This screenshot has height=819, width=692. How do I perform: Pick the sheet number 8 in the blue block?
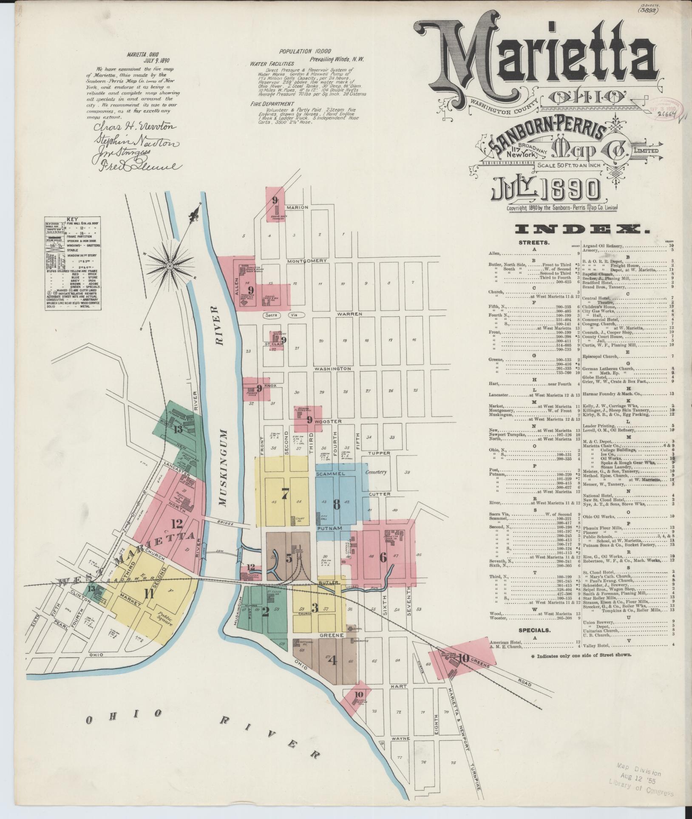(x=336, y=504)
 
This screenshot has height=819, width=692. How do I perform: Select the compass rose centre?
(x=169, y=266)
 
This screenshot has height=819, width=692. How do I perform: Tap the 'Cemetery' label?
(x=377, y=472)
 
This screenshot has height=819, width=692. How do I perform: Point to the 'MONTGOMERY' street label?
(x=307, y=261)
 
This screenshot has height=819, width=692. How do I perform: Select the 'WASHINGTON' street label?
(x=332, y=369)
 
